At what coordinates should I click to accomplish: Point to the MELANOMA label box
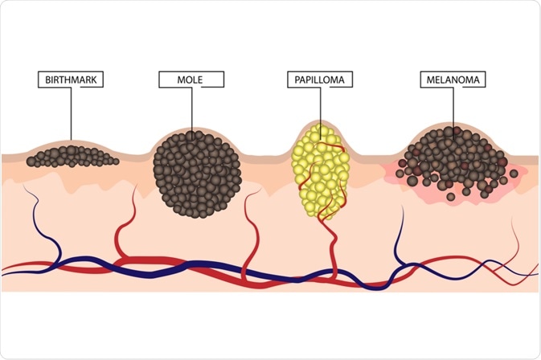(x=453, y=80)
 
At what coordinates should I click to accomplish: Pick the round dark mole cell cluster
(x=196, y=174)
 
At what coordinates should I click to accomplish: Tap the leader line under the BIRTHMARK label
(x=70, y=112)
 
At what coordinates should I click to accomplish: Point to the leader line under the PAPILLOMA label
(x=319, y=104)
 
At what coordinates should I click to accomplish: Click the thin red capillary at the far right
(x=514, y=241)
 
